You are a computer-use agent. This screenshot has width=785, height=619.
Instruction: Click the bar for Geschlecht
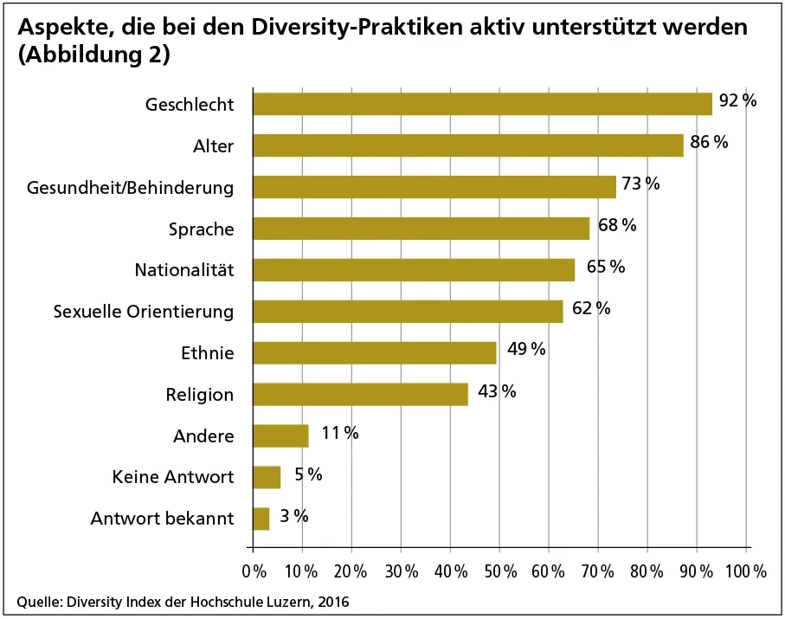482,104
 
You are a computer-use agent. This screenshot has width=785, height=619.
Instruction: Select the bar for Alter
467,145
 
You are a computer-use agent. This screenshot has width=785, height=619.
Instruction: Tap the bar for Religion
360,394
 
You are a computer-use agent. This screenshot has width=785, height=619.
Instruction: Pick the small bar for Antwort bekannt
261,519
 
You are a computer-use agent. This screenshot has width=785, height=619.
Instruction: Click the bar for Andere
280,435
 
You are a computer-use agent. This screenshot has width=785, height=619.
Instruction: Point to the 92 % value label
737,101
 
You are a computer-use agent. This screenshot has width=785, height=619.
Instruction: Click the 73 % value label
640,184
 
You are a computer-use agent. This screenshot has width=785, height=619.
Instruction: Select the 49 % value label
525,349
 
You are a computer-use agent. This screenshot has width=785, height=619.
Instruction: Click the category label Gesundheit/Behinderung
131,187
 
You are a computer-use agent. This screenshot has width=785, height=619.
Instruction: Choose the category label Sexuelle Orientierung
144,312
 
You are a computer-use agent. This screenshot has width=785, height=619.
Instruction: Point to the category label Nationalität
184,270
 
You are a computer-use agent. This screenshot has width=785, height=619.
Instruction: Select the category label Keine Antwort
173,477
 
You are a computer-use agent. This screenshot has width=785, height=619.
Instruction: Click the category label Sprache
202,229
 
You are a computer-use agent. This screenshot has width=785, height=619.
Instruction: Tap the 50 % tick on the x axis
500,571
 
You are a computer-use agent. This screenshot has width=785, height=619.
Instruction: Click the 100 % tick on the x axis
745,571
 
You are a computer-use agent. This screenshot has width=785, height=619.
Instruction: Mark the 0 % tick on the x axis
254,571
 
